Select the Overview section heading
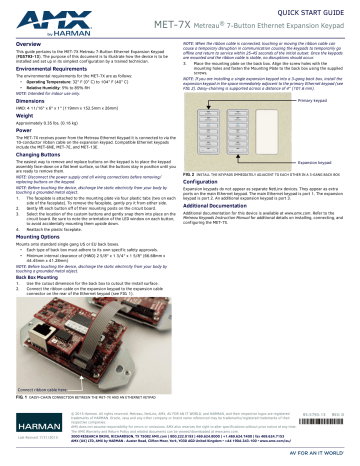(x=26, y=45)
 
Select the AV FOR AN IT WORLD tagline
(x=324, y=459)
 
